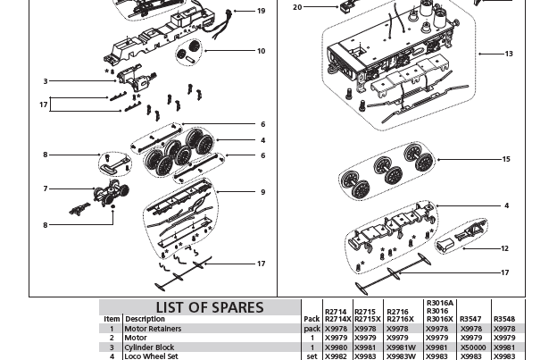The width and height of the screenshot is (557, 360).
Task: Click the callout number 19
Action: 261,12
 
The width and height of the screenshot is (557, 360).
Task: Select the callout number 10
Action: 261,51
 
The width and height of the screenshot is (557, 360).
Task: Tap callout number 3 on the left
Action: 46,81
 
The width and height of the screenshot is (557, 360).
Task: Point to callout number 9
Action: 262,192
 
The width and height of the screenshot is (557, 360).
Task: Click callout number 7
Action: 46,188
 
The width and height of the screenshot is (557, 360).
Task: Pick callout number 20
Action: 297,7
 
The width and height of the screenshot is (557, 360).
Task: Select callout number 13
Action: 509,54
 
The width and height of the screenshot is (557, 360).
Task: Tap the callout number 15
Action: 506,160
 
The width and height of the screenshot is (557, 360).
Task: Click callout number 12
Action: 504,249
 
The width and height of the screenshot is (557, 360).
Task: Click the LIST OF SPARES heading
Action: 210,307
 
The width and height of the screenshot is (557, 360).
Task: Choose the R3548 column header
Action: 504,319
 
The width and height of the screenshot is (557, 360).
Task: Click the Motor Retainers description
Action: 153,329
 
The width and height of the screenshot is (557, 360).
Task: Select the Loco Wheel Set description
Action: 151,356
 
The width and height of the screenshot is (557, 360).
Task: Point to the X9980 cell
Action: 337,347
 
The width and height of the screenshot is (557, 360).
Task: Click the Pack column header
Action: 312,319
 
